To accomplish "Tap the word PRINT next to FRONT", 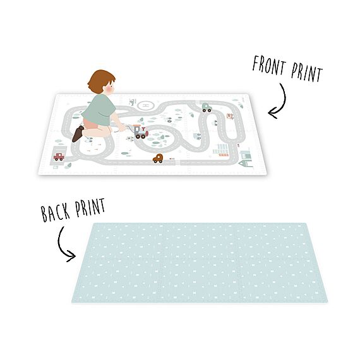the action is [x=307, y=73].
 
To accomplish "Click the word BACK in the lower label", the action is [x=55, y=212].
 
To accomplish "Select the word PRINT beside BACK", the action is [x=90, y=207].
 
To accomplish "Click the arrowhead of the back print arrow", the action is [x=71, y=256].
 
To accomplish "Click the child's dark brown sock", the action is [x=78, y=134].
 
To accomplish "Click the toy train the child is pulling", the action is [x=140, y=131].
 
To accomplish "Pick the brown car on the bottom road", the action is [x=158, y=159].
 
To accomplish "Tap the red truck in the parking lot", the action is [x=59, y=157].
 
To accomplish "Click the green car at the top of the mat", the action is [x=207, y=107].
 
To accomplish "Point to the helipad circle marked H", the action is [x=145, y=105].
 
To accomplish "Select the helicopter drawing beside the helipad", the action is [x=133, y=102].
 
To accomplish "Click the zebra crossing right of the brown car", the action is [x=178, y=162].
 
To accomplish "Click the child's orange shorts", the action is [x=90, y=123].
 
